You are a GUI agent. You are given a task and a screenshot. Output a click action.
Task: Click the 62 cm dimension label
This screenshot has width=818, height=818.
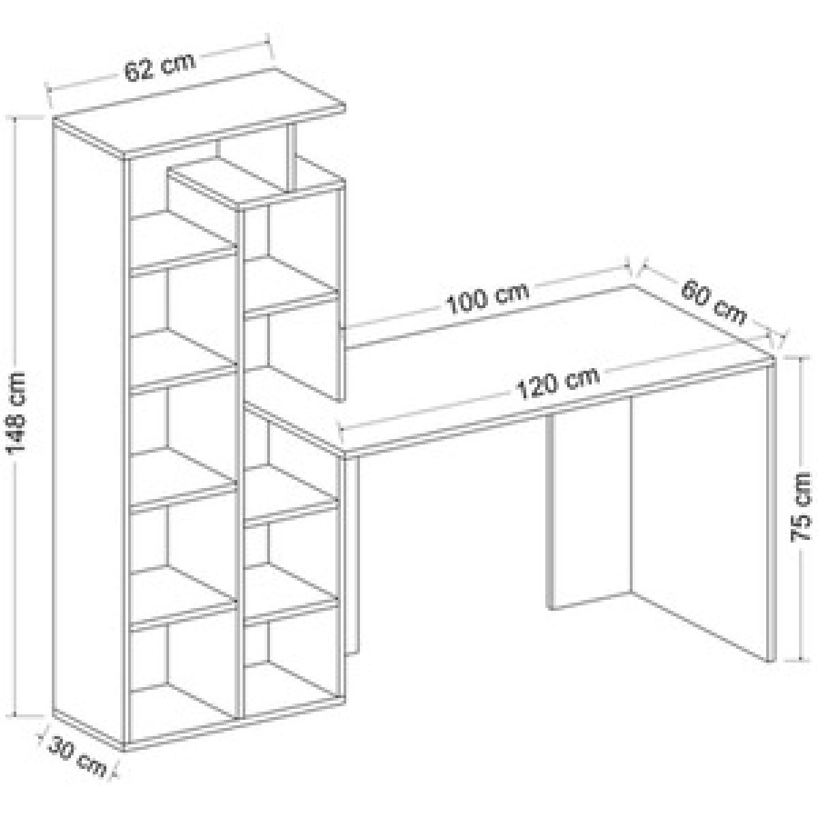[x=160, y=67]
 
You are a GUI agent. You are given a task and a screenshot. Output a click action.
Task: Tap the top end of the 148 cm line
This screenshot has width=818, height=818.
[x=16, y=119]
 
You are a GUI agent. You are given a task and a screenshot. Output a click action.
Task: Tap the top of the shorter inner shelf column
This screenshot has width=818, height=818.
[x=257, y=183]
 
